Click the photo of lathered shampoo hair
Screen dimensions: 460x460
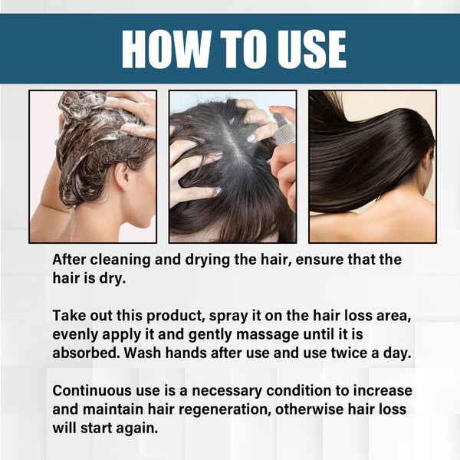[93, 166]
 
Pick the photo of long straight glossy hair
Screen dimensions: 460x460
[372, 166]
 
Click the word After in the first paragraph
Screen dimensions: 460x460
[71, 260]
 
